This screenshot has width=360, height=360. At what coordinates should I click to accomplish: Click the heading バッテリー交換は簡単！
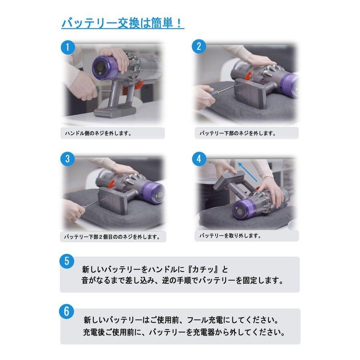tap(122, 23)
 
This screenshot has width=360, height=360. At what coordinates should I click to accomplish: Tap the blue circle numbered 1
tap(68, 47)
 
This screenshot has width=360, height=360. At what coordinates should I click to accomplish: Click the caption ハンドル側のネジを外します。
tap(98, 133)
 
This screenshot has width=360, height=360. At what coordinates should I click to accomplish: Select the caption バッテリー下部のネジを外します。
tap(238, 133)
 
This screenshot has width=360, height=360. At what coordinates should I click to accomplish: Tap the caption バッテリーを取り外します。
tap(230, 236)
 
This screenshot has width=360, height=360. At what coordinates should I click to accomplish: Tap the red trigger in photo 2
tap(248, 74)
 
